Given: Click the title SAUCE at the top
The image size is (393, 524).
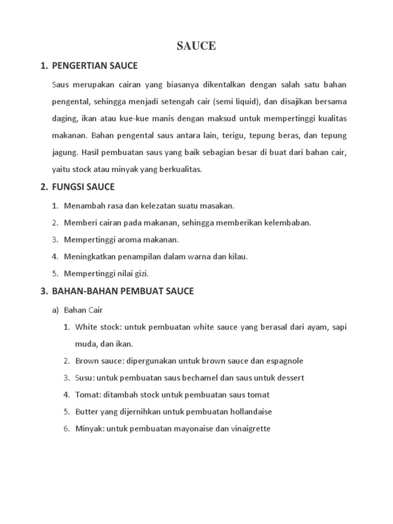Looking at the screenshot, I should point(196,46).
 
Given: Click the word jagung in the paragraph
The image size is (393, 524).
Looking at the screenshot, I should point(64,152).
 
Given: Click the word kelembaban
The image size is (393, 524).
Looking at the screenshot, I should point(287,223).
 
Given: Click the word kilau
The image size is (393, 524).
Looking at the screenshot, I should point(237,256).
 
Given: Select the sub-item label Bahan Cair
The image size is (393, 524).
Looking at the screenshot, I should point(84,310).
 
